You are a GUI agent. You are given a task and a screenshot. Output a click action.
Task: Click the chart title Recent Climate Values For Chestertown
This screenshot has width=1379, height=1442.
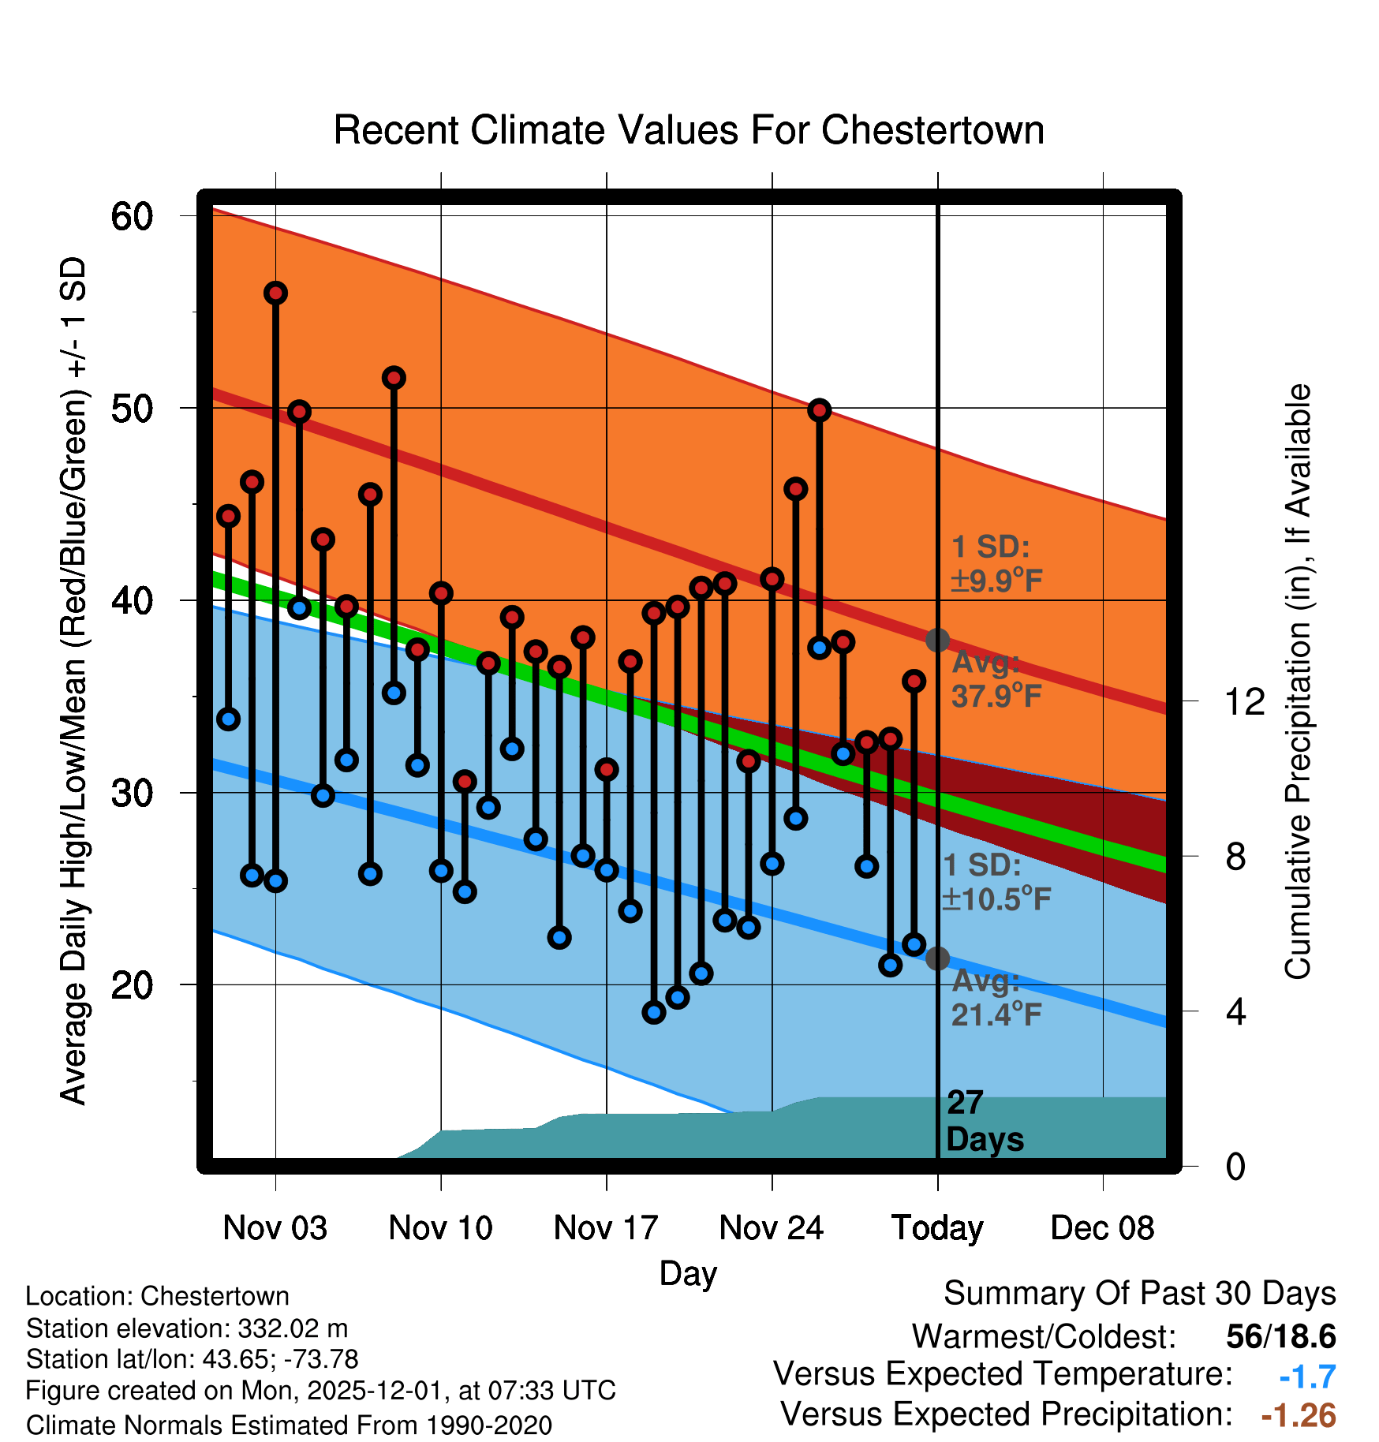pyautogui.click(x=689, y=130)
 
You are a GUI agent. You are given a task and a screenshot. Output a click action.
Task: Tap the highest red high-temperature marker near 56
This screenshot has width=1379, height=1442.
pyautogui.click(x=275, y=293)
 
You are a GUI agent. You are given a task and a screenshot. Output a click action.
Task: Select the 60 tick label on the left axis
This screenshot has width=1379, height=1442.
pyautogui.click(x=132, y=216)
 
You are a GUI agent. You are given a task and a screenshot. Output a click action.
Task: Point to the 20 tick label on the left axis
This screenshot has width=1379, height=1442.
pyautogui.click(x=132, y=984)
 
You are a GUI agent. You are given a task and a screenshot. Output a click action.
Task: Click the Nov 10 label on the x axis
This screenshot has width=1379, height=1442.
pyautogui.click(x=440, y=1228)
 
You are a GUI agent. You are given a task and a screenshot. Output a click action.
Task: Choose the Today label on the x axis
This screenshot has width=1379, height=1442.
pyautogui.click(x=937, y=1228)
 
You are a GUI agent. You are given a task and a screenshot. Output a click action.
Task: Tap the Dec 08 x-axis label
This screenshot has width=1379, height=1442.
pyautogui.click(x=1102, y=1228)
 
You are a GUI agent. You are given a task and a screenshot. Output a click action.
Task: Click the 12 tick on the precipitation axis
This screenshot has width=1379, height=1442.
pyautogui.click(x=1244, y=701)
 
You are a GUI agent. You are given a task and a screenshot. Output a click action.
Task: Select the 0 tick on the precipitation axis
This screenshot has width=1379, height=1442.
pyautogui.click(x=1235, y=1166)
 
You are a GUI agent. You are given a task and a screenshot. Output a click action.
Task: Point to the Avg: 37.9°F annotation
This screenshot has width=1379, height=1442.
pyautogui.click(x=996, y=679)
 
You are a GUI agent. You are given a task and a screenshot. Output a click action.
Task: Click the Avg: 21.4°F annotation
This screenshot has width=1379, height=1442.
pyautogui.click(x=996, y=997)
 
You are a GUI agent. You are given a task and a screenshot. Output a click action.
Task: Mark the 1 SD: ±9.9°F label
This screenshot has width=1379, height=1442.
pyautogui.click(x=996, y=563)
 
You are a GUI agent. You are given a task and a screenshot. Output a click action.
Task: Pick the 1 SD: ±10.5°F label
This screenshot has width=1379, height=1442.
pyautogui.click(x=996, y=882)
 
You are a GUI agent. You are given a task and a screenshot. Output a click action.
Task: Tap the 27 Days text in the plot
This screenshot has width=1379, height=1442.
pyautogui.click(x=985, y=1121)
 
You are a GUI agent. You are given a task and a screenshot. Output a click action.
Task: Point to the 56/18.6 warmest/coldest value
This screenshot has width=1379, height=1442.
pyautogui.click(x=1281, y=1336)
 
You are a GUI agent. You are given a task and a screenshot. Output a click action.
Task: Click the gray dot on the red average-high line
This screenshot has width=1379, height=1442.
pyautogui.click(x=937, y=640)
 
